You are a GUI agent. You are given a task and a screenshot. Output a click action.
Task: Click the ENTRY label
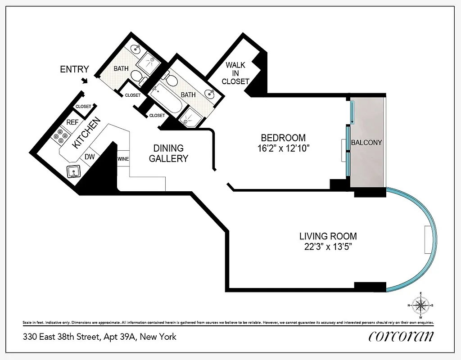pyautogui.click(x=75, y=69)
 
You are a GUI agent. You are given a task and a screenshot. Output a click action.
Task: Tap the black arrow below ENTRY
pyautogui.click(x=84, y=81)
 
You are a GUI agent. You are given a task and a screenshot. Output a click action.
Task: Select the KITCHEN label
pyautogui.click(x=84, y=134)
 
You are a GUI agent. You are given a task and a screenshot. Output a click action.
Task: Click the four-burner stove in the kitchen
pyautogui.click(x=60, y=135)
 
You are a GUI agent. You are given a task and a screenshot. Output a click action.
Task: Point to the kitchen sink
pyautogui.click(x=72, y=172)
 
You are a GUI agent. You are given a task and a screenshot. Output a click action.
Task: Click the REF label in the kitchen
pyautogui.click(x=72, y=122)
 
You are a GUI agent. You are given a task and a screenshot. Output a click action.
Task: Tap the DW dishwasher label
pyautogui.click(x=89, y=157)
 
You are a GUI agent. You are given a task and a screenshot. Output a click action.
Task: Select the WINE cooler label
pyautogui.click(x=123, y=159)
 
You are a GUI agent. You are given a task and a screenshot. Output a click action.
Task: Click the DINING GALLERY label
pyautogui.click(x=168, y=153)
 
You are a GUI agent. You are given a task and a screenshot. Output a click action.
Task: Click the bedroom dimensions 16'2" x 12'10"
pyautogui.click(x=283, y=149)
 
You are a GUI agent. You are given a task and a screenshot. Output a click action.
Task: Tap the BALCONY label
pyautogui.click(x=366, y=143)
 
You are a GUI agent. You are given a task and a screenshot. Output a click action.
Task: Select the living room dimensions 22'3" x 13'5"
pyautogui.click(x=328, y=247)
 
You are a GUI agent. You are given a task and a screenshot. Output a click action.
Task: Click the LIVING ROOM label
pyautogui.click(x=328, y=236)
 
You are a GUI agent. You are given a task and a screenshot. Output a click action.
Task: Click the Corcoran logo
pyautogui.click(x=401, y=336)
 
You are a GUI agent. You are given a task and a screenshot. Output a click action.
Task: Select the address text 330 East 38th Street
pyautogui.click(x=60, y=337)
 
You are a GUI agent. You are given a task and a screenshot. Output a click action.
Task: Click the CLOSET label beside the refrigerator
pyautogui.click(x=83, y=107)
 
